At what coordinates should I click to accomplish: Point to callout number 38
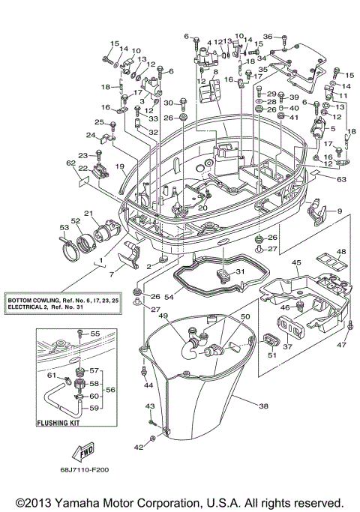point(263,406)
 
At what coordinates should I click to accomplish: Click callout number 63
point(340,180)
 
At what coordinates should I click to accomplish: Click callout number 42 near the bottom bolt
point(138,447)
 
